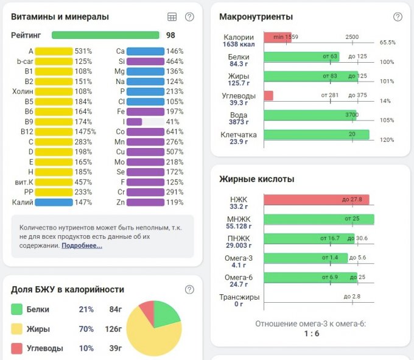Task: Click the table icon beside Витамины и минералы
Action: pos(172,17)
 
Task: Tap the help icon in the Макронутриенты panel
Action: pos(398,17)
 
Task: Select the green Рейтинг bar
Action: pos(105,35)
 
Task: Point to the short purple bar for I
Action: pos(134,122)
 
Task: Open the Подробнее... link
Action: pos(82,245)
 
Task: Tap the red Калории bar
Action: pos(277,38)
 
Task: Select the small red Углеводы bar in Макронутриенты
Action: pos(268,96)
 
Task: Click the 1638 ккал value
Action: pos(239,44)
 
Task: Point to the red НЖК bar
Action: pos(316,200)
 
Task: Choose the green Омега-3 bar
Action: pos(306,258)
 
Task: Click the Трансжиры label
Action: pos(239,297)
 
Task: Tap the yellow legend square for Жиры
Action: pos(17,329)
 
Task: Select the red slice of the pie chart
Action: pos(146,311)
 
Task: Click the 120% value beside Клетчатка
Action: pos(387,139)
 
